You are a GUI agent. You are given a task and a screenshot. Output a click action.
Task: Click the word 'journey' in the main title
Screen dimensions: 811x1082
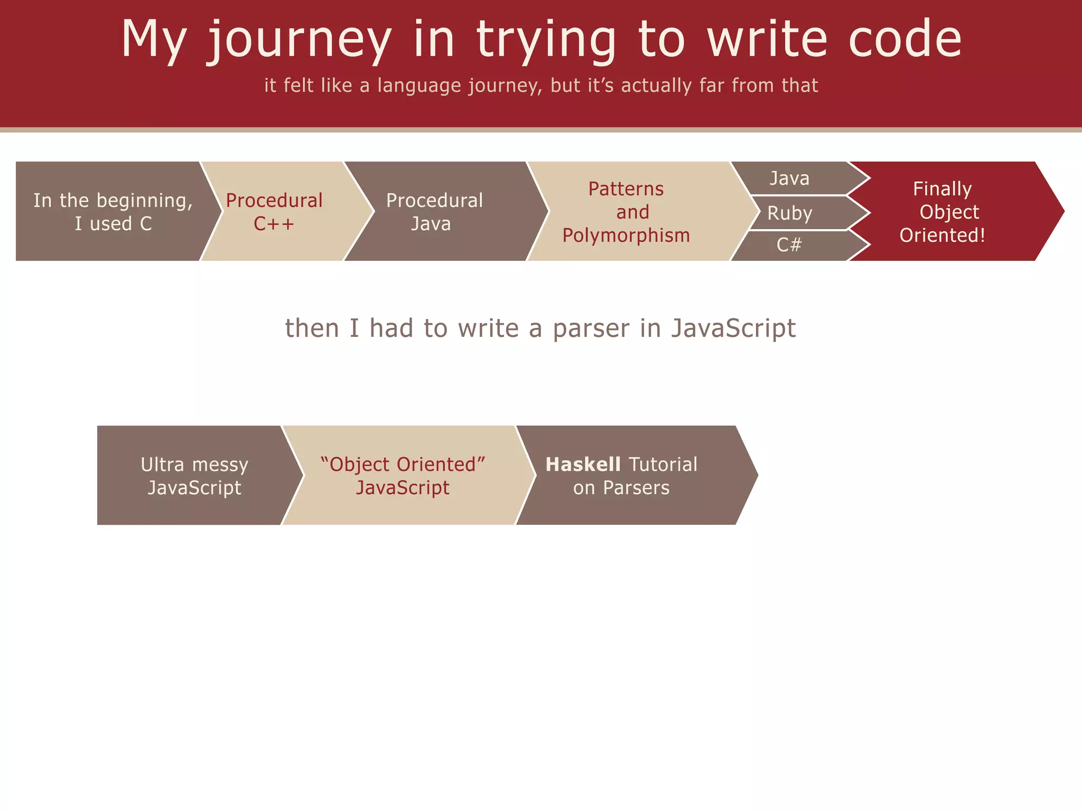299,40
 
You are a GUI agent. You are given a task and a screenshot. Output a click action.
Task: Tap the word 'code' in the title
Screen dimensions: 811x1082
904,40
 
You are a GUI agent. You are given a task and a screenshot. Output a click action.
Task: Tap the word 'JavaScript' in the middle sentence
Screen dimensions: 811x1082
733,328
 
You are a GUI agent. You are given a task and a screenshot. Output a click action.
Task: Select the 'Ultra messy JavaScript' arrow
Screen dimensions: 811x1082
194,475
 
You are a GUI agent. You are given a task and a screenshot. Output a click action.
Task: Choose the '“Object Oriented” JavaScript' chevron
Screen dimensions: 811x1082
403,475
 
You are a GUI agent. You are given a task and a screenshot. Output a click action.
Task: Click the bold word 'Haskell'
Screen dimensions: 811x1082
583,465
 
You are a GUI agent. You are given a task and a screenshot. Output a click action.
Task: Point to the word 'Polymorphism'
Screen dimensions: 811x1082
626,235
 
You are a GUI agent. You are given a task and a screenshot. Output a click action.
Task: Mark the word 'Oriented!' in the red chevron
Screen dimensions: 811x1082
943,235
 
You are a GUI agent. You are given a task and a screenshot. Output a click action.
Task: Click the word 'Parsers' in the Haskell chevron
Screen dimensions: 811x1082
636,488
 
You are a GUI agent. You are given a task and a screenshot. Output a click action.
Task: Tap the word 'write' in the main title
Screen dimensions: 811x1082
767,40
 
